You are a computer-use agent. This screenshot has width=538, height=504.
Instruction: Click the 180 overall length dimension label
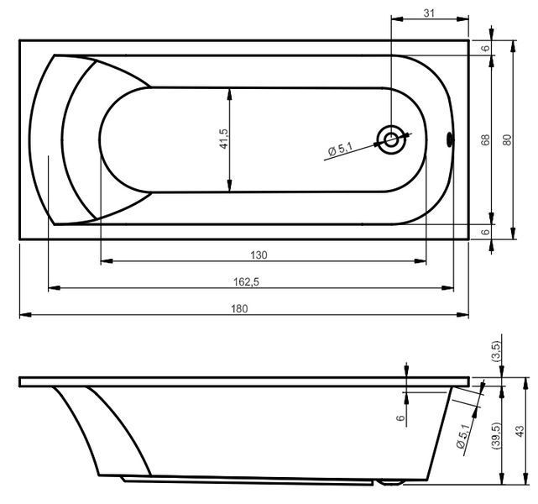click(x=239, y=308)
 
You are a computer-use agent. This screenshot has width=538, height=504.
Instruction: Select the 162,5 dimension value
click(x=247, y=282)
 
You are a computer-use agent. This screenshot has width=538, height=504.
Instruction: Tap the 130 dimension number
click(x=259, y=255)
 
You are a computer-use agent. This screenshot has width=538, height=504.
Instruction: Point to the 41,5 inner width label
click(x=223, y=139)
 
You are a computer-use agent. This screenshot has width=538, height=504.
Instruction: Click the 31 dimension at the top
click(x=429, y=13)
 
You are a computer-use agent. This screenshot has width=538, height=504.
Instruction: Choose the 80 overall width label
click(x=507, y=139)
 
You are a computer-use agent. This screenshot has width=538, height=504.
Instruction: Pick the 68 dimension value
click(x=485, y=139)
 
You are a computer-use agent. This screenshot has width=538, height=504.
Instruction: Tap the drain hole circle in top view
click(x=390, y=140)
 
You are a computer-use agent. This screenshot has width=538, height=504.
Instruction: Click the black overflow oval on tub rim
click(x=450, y=139)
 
